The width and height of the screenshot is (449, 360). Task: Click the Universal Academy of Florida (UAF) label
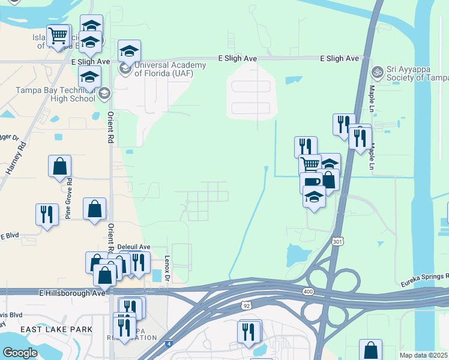[x=171, y=70]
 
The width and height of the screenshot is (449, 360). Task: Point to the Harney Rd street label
[x=17, y=157]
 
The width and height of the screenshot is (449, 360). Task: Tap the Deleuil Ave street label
[x=133, y=247]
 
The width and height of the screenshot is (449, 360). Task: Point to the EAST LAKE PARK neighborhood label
[x=56, y=329]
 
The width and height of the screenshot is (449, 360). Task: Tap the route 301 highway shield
[x=339, y=241]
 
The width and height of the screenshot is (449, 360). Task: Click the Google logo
[x=20, y=353]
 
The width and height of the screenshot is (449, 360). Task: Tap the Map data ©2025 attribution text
[x=423, y=355]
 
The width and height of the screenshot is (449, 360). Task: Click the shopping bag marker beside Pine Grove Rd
[x=59, y=167]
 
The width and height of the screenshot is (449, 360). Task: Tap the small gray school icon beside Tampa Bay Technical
[x=104, y=92]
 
